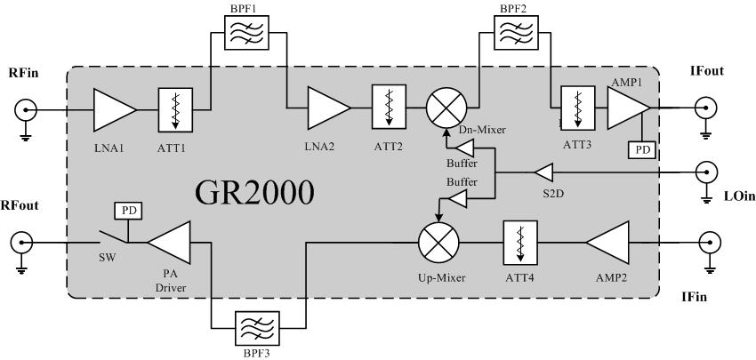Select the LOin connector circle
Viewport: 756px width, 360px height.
pyautogui.click(x=709, y=172)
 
